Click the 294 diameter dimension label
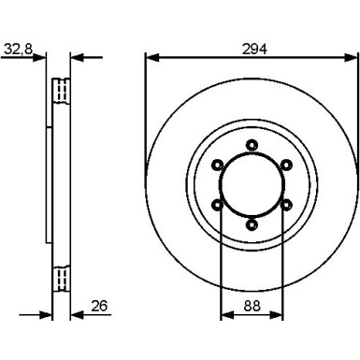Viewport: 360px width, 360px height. [x=251, y=49]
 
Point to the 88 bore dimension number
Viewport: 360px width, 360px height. [x=251, y=304]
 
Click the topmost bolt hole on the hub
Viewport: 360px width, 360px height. [x=251, y=143]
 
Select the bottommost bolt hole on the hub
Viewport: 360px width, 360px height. [x=251, y=223]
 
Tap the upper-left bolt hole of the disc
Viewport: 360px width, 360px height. [x=217, y=164]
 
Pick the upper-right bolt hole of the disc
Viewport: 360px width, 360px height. [x=285, y=164]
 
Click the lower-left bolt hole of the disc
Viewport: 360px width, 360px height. [x=217, y=204]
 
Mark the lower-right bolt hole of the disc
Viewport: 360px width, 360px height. [x=285, y=204]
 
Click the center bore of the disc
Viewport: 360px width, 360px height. [x=251, y=183]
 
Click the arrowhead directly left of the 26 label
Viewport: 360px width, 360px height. [x=78, y=312]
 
